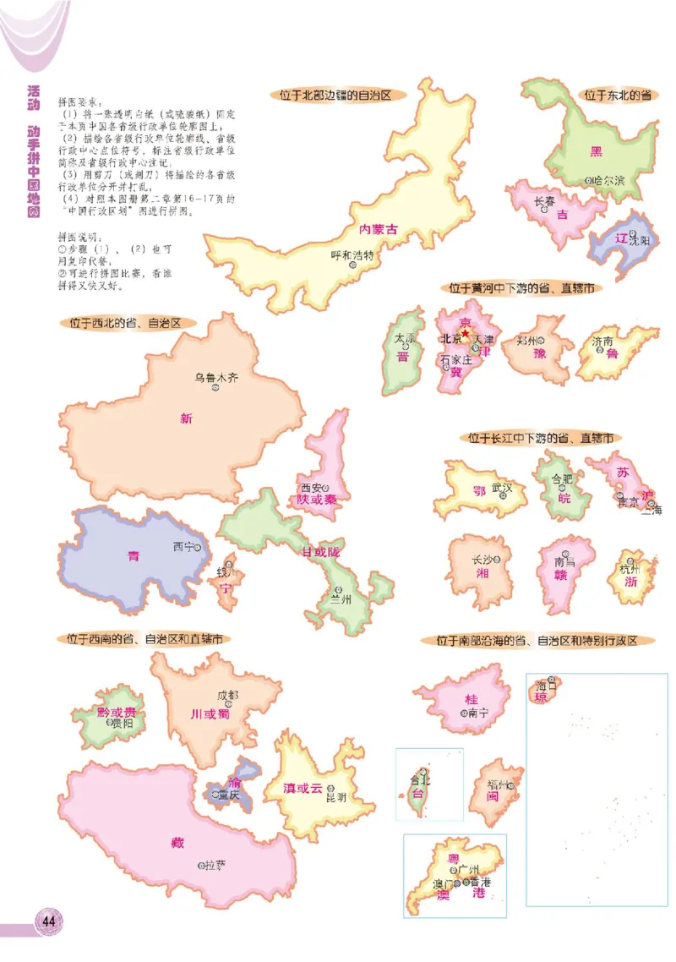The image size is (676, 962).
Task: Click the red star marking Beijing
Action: pos(465,333)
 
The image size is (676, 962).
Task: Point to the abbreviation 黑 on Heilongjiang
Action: pos(596,151)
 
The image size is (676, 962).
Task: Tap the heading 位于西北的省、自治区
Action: pos(127,322)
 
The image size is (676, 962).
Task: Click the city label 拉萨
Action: pos(215,864)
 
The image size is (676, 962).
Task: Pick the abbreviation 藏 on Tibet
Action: pos(177,843)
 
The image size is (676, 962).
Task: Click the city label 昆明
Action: pos(335,796)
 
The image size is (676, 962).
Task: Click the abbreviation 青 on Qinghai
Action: pos(134,555)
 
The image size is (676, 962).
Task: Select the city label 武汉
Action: pos(502,488)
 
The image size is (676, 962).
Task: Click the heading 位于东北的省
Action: pos(617,96)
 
